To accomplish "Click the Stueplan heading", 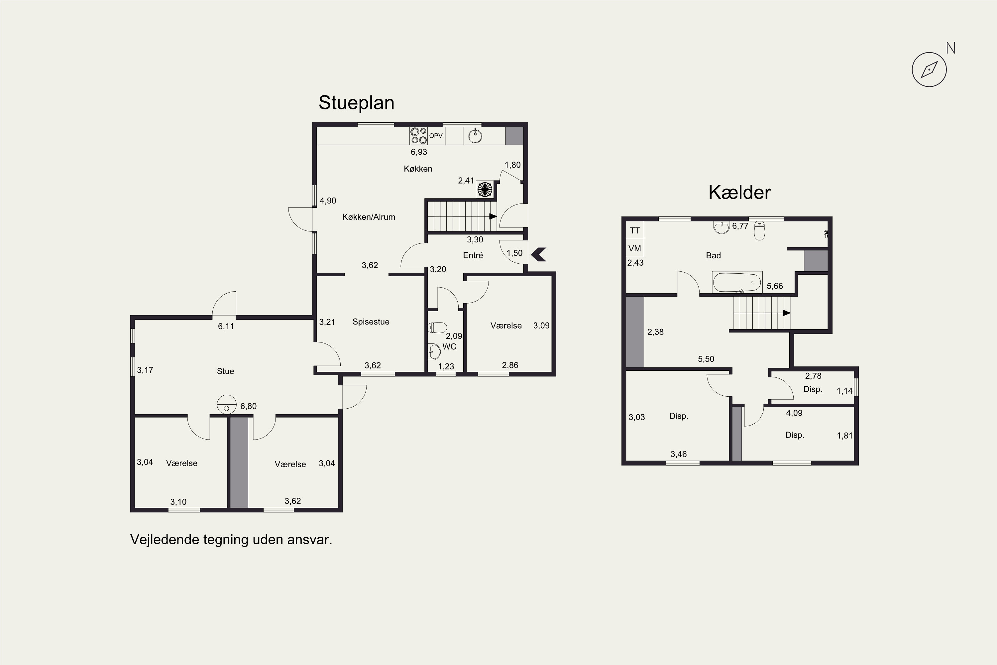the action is point(357,103).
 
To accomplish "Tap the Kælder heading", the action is point(739,193).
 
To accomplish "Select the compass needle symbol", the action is point(929,69).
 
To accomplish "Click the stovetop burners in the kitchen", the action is point(418,136).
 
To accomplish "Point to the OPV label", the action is point(436,136).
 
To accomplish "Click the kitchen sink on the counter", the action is point(475,136).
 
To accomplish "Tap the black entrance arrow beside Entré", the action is point(538,254).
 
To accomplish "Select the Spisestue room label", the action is point(371,322).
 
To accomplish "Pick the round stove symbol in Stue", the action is point(226,404).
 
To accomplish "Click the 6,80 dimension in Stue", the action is point(248,406).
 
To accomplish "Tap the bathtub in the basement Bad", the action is point(737,282).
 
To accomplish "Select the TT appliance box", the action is point(635,230).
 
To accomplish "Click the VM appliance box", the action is point(635,248).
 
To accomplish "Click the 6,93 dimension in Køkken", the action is point(419,152).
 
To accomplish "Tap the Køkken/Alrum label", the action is point(369,217).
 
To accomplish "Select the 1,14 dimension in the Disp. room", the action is point(844,391).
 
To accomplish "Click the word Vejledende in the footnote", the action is point(165,540).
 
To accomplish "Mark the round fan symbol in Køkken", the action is point(485,189).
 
